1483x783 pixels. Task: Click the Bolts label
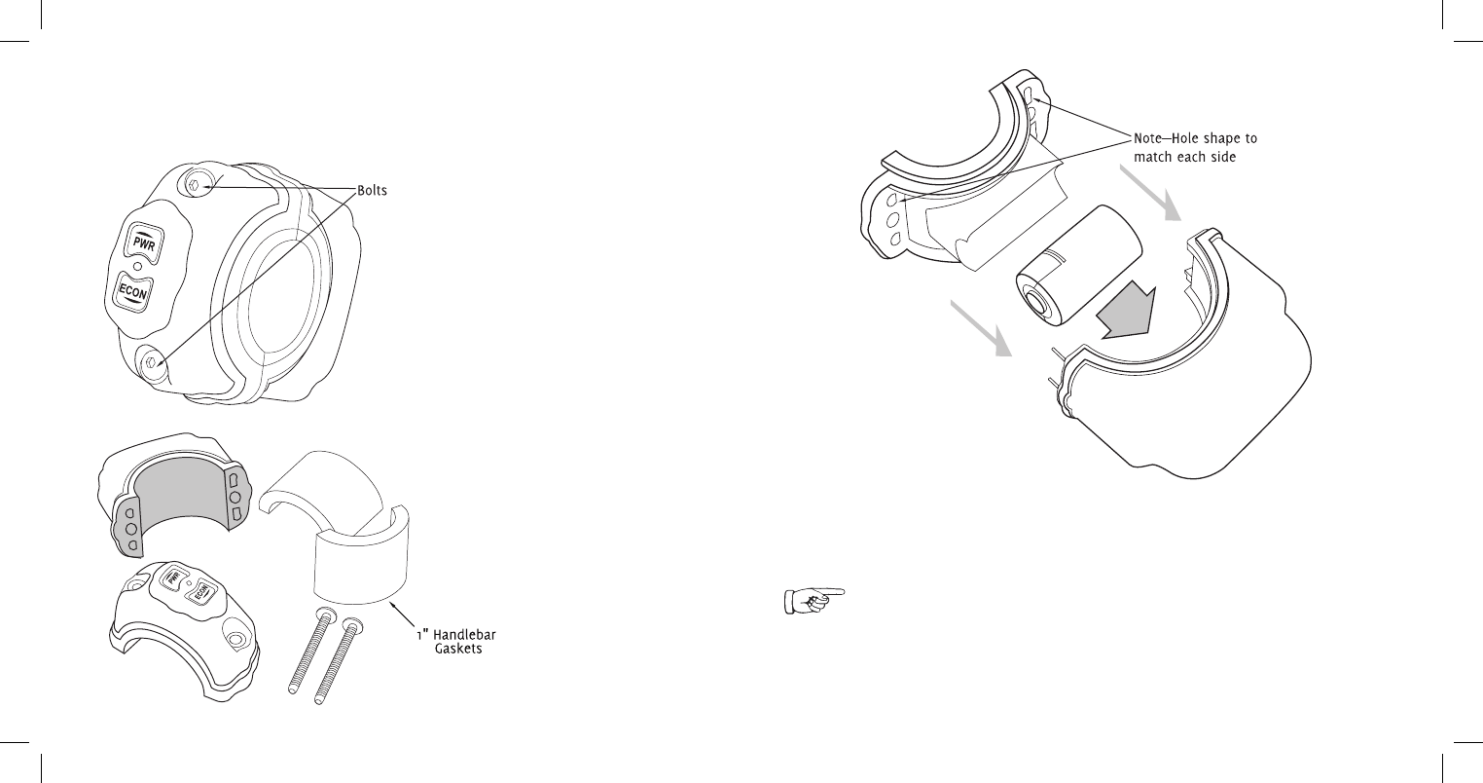pyautogui.click(x=370, y=191)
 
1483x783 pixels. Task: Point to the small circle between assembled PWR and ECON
pyautogui.click(x=139, y=267)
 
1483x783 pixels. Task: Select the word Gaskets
pyautogui.click(x=458, y=649)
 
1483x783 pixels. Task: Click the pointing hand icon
pyautogui.click(x=814, y=601)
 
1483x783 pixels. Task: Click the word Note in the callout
pyautogui.click(x=1152, y=139)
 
